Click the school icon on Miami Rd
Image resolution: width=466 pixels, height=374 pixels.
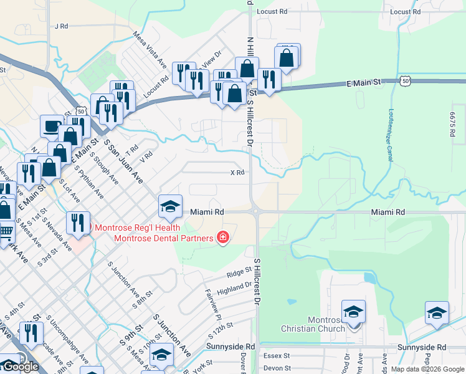170,206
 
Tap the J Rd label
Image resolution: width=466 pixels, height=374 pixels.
60,26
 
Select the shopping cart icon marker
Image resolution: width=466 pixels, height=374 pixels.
6,232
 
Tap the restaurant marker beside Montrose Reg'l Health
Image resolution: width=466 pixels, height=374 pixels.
77,223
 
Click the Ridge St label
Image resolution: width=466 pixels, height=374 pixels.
239,272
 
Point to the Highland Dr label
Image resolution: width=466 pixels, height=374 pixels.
239,285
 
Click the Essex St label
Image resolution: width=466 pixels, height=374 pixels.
278,356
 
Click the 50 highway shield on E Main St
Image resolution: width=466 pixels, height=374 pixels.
406,81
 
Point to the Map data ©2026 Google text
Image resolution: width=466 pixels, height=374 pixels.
428,369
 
